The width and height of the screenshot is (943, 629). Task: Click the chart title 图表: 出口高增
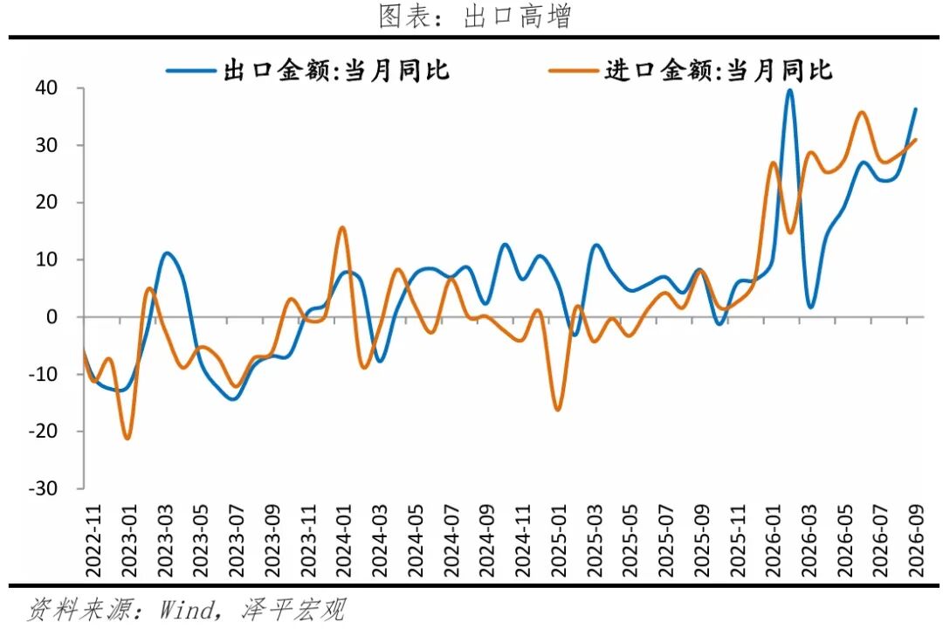[x=474, y=17]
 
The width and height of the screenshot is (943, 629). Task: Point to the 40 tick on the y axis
[x=46, y=88]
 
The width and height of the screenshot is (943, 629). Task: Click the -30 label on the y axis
[x=43, y=488]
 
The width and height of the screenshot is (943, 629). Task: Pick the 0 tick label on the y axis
[x=52, y=316]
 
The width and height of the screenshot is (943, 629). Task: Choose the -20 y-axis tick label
[x=43, y=431]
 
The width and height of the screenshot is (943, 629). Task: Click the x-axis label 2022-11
[x=93, y=541]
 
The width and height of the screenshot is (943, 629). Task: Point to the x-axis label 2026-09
[x=915, y=541]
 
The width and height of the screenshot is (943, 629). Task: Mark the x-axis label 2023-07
[x=237, y=541]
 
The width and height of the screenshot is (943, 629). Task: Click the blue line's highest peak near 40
[x=789, y=91]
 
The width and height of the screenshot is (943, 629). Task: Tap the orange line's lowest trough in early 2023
[x=127, y=438]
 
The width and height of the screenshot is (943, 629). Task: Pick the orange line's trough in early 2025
[x=557, y=410]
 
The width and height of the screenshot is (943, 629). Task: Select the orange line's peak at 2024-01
[x=342, y=227]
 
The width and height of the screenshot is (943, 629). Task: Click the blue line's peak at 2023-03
[x=166, y=253]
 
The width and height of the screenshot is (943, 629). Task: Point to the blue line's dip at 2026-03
[x=810, y=307]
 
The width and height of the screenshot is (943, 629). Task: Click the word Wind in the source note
[x=188, y=609]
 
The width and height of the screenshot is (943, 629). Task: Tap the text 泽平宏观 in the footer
[x=295, y=609]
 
